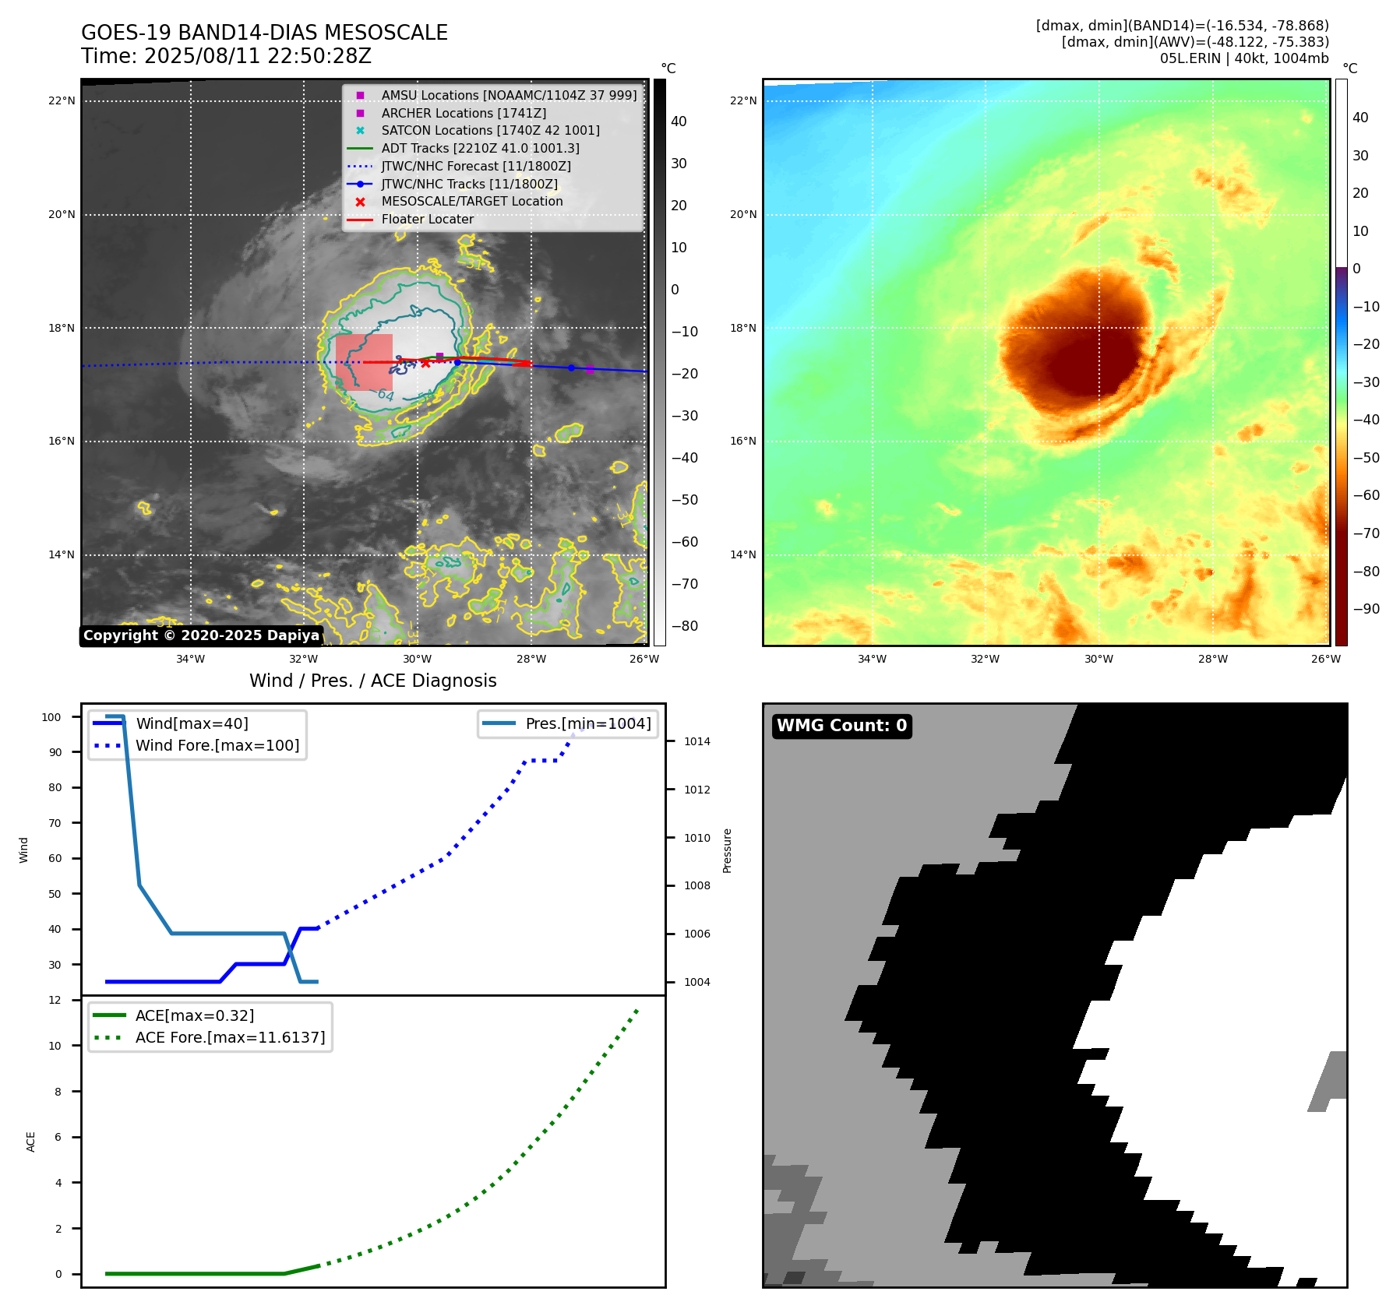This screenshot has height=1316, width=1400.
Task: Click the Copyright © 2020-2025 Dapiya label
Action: point(201,635)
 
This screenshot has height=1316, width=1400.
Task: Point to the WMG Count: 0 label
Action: point(841,726)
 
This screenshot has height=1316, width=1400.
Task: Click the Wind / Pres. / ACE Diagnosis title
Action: point(372,681)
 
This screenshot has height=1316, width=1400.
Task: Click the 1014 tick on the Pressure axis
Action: point(696,741)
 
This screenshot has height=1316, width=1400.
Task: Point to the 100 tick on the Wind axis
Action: point(51,717)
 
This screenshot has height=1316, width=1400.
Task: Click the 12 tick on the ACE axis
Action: point(55,1000)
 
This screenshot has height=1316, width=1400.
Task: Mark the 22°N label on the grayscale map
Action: point(62,100)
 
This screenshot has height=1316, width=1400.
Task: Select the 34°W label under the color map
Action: point(872,659)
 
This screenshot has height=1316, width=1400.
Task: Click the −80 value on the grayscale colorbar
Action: point(685,626)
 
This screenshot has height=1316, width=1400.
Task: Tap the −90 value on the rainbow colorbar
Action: point(1366,609)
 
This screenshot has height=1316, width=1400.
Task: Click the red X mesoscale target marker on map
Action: point(425,363)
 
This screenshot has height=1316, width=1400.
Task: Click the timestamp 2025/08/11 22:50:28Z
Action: point(258,56)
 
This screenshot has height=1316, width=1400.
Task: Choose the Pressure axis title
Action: point(727,850)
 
